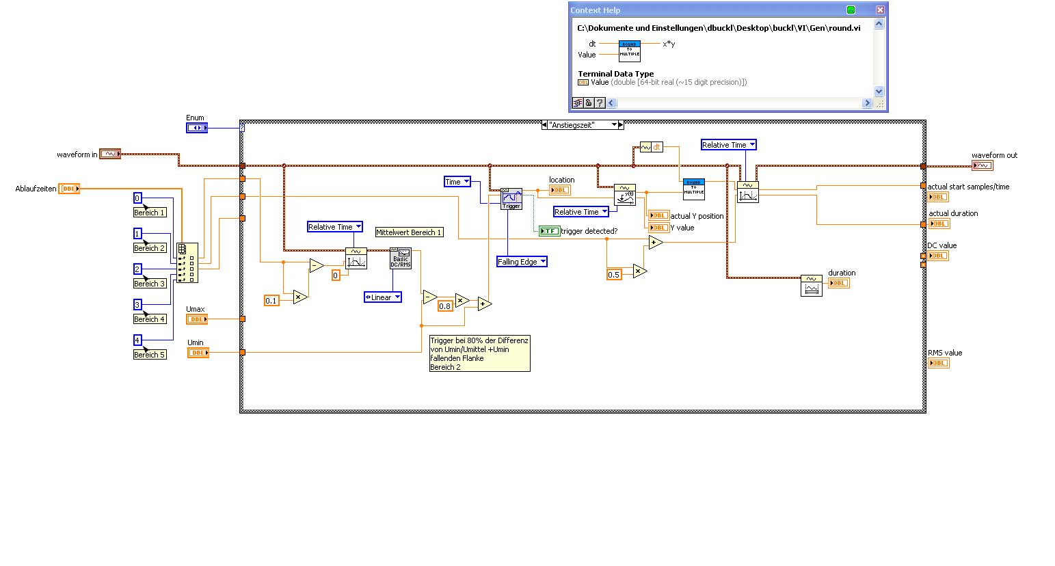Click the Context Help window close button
tap(880, 10)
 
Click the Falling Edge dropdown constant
tap(522, 262)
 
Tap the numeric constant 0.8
tap(445, 306)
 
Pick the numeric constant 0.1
tap(271, 301)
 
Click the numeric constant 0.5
tap(614, 275)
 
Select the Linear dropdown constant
tap(383, 297)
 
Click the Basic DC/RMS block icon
tap(401, 258)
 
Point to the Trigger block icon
tap(511, 199)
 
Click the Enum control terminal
tap(197, 128)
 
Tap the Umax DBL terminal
tap(197, 319)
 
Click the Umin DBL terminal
tap(198, 353)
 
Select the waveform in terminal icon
tap(110, 154)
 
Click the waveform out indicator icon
tap(982, 165)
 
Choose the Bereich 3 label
tap(150, 284)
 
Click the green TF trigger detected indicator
tap(549, 231)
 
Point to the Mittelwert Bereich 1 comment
tap(409, 232)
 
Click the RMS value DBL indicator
tap(938, 363)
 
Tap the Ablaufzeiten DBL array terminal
tap(69, 189)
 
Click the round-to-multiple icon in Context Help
tap(629, 51)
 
